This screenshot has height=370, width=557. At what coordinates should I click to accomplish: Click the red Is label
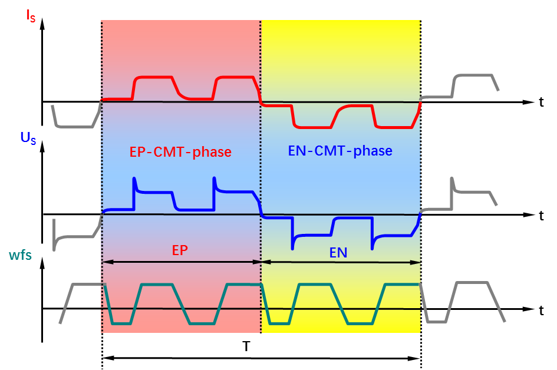tap(30, 15)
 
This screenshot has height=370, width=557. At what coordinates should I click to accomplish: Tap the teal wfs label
tap(20, 255)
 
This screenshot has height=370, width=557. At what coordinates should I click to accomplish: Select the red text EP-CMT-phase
tap(180, 152)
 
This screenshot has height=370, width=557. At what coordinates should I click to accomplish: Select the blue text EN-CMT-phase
tap(340, 151)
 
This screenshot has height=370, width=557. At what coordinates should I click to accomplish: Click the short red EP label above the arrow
tap(180, 250)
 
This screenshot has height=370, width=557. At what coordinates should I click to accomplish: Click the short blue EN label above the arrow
tap(338, 253)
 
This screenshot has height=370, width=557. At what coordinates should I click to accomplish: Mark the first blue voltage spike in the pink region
tap(134, 179)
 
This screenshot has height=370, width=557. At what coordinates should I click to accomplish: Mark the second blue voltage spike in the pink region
tap(214, 179)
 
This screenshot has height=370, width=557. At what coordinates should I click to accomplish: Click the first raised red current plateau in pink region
tap(154, 77)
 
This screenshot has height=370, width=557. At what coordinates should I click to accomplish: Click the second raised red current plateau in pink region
tap(235, 77)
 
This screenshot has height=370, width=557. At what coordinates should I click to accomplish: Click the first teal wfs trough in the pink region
tap(121, 323)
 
